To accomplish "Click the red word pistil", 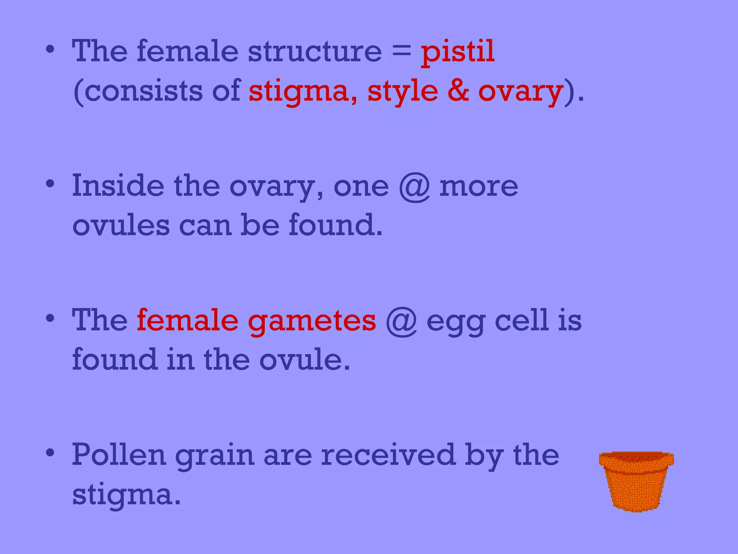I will coord(458,52).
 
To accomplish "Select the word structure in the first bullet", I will coord(315,52).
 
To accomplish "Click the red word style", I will coord(403,92).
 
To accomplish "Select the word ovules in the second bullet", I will coord(121,225).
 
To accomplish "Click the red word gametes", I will coord(312,321).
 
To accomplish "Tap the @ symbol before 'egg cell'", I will coord(401,321).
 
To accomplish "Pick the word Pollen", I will coord(119,455).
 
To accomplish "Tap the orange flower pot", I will coord(636,481).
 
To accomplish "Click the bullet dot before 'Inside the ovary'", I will coord(50,184).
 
